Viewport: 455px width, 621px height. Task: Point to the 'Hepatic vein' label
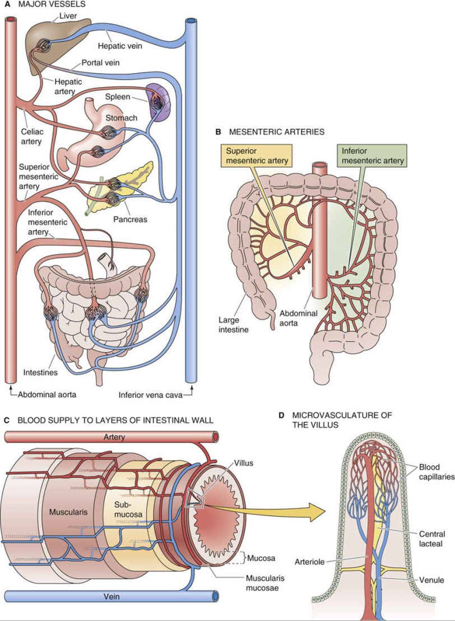tap(120, 46)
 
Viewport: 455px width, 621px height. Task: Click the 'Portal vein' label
tap(100, 63)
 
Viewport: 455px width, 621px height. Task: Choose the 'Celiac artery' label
tap(32, 137)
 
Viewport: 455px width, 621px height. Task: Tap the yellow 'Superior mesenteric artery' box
tap(256, 156)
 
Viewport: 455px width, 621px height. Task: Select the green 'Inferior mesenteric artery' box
tap(373, 156)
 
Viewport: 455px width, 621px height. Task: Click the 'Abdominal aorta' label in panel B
tap(298, 318)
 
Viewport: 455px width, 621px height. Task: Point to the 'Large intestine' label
tap(233, 325)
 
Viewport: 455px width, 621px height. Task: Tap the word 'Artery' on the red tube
tap(114, 437)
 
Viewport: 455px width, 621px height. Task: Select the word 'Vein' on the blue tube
tap(111, 597)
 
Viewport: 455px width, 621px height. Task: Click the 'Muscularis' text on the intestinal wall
tap(68, 512)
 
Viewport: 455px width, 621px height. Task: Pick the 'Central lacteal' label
tap(431, 539)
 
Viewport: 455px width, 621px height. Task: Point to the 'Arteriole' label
tap(309, 562)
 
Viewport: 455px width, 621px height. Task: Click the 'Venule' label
tap(431, 580)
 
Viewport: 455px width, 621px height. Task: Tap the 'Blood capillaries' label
tap(436, 472)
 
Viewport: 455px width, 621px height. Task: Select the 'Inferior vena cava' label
tap(150, 395)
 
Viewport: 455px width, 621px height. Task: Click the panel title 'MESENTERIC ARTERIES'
tap(276, 132)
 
